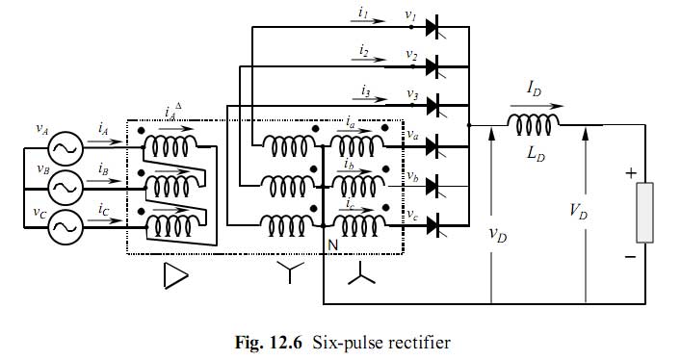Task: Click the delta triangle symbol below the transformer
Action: [174, 277]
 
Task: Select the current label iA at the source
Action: [102, 127]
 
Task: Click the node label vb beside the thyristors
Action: [411, 177]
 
